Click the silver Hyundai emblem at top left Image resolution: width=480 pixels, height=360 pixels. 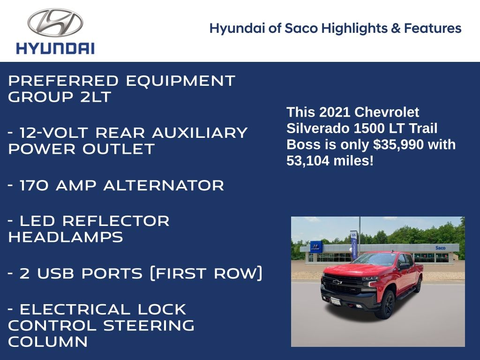coord(55,22)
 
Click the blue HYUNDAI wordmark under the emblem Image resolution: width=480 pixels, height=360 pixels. coord(55,48)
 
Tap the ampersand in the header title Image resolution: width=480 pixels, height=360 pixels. coord(396,28)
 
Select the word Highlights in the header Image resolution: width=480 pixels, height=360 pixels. coord(354,28)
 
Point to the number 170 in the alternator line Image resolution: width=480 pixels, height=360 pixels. coord(34,186)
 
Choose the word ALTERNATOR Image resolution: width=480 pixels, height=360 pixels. coord(164,186)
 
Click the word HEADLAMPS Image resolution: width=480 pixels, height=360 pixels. coord(66,237)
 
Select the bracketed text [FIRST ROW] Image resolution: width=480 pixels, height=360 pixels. coord(206,273)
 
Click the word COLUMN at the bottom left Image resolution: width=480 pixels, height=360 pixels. coord(48,342)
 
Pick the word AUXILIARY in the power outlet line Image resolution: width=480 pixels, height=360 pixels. coord(200,133)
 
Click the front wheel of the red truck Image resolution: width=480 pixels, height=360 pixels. coord(386,305)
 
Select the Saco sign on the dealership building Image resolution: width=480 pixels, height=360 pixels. coord(440,247)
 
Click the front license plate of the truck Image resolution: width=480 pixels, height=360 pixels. coord(335,301)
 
